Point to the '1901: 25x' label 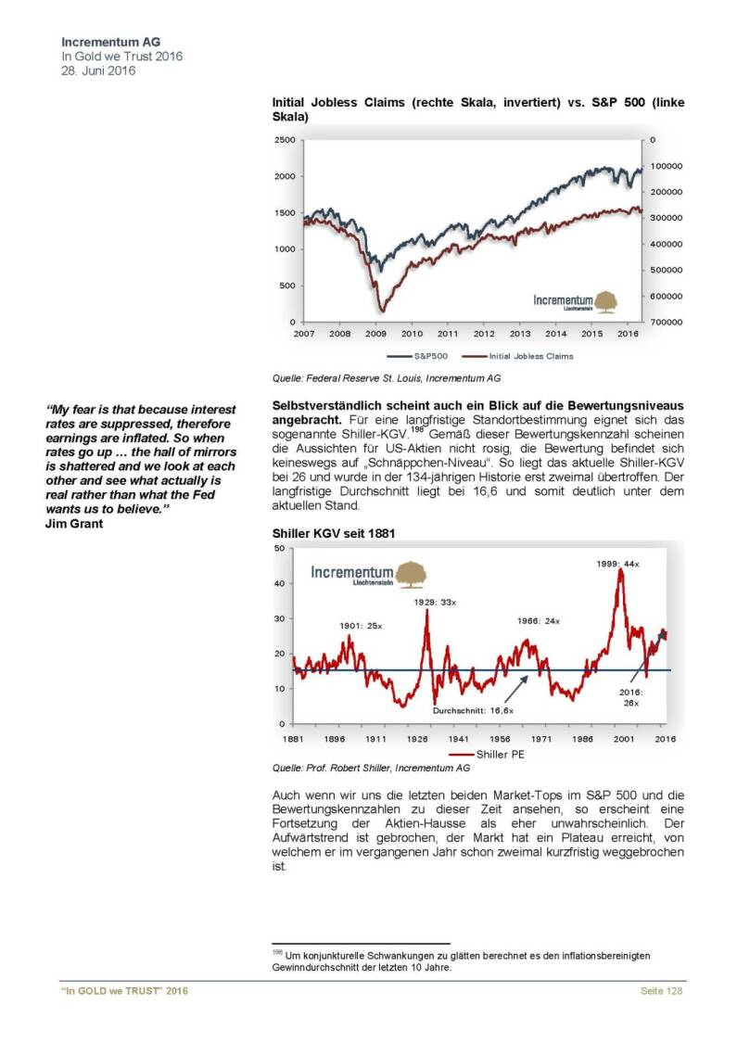tap(337, 626)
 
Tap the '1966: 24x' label tap(539, 620)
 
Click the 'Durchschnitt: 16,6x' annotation tap(473, 709)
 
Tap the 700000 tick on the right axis tap(667, 322)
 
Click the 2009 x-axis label tap(375, 334)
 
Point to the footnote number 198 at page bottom tap(276, 951)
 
